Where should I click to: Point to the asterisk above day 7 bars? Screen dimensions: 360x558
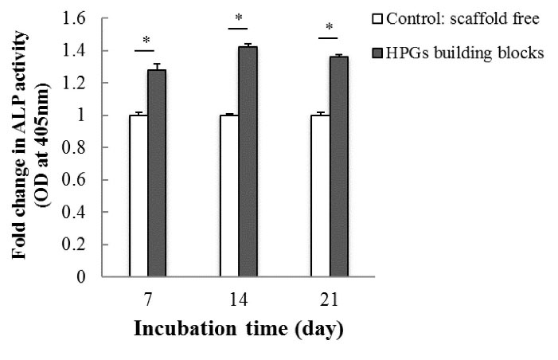[146, 41]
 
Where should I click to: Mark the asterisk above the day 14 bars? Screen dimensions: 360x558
[238, 18]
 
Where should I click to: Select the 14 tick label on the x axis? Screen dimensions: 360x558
[238, 299]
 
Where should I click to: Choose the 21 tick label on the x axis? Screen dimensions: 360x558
[329, 299]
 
